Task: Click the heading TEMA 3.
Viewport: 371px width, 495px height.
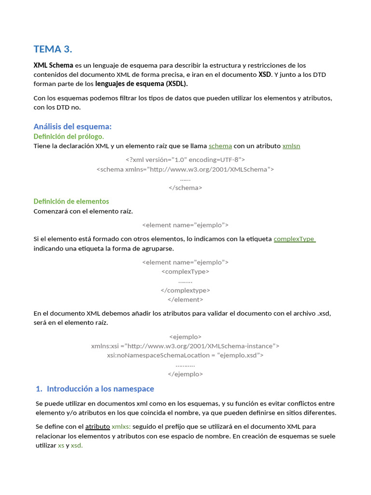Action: click(x=53, y=49)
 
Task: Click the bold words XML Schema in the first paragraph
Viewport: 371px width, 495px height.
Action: click(x=53, y=65)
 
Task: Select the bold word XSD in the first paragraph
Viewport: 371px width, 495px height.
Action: click(x=264, y=74)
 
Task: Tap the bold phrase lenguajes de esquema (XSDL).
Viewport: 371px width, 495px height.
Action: click(x=142, y=84)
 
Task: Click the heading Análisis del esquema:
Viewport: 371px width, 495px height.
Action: click(x=72, y=126)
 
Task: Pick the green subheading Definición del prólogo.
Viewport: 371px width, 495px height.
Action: click(x=69, y=136)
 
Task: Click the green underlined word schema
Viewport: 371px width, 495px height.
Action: click(x=220, y=146)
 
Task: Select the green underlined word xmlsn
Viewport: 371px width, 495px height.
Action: click(x=291, y=146)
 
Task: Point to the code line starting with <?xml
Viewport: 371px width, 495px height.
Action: click(x=185, y=160)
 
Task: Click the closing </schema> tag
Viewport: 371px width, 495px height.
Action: click(x=185, y=188)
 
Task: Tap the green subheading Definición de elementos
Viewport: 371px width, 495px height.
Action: click(x=71, y=201)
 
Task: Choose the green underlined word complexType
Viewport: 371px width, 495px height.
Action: click(x=294, y=239)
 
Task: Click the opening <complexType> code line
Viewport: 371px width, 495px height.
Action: click(x=185, y=271)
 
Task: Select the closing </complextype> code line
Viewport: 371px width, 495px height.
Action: click(x=185, y=290)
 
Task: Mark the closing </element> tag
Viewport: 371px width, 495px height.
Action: click(x=185, y=299)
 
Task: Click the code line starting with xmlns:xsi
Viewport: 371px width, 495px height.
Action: click(x=185, y=346)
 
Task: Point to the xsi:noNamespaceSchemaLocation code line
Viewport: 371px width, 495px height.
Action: click(x=185, y=355)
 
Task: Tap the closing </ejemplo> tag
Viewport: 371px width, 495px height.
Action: click(x=185, y=374)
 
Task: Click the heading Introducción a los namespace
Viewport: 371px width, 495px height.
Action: click(x=100, y=389)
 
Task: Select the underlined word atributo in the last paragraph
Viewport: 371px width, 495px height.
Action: click(x=97, y=426)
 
